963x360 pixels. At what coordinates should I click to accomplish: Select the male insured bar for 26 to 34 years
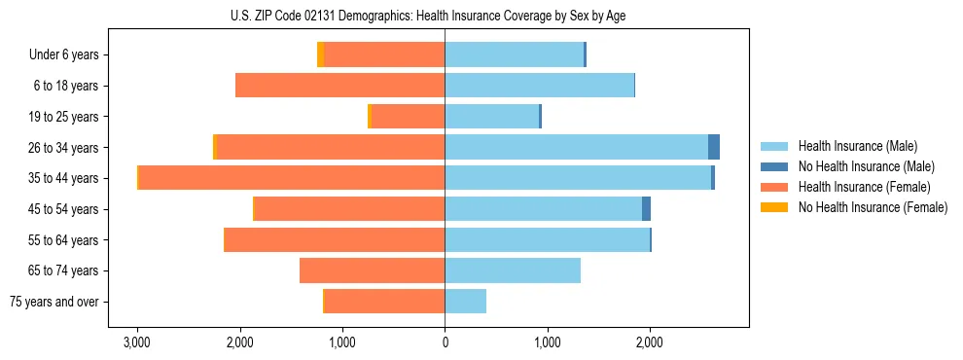pos(576,147)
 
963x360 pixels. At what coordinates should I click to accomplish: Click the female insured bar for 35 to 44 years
pos(292,178)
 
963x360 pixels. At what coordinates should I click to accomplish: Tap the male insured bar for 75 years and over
pos(465,302)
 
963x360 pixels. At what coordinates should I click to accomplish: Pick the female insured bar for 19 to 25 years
pos(408,117)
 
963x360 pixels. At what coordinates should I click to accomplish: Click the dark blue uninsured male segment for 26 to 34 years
pos(714,147)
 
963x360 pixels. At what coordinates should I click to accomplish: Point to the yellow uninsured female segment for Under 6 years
pos(320,54)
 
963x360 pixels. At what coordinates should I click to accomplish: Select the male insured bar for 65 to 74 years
pos(513,270)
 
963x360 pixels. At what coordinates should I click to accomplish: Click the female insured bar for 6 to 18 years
pos(339,86)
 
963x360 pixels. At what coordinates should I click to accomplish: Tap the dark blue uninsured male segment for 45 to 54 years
pos(646,209)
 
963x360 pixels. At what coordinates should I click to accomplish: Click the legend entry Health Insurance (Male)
pos(856,146)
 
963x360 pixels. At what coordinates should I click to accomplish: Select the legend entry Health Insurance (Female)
pos(864,187)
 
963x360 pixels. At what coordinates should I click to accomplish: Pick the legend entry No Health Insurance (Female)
pos(873,207)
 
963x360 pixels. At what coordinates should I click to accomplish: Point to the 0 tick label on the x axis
pos(445,342)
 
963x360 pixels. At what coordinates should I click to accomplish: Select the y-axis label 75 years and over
pos(53,302)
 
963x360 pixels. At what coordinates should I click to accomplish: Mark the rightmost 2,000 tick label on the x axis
pos(650,342)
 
